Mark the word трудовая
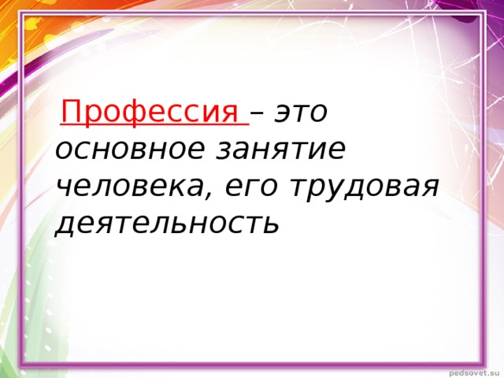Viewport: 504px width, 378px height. point(362,187)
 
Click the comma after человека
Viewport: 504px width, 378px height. point(211,195)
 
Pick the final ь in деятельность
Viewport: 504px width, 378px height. point(271,224)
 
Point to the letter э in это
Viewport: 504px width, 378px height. point(281,113)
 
